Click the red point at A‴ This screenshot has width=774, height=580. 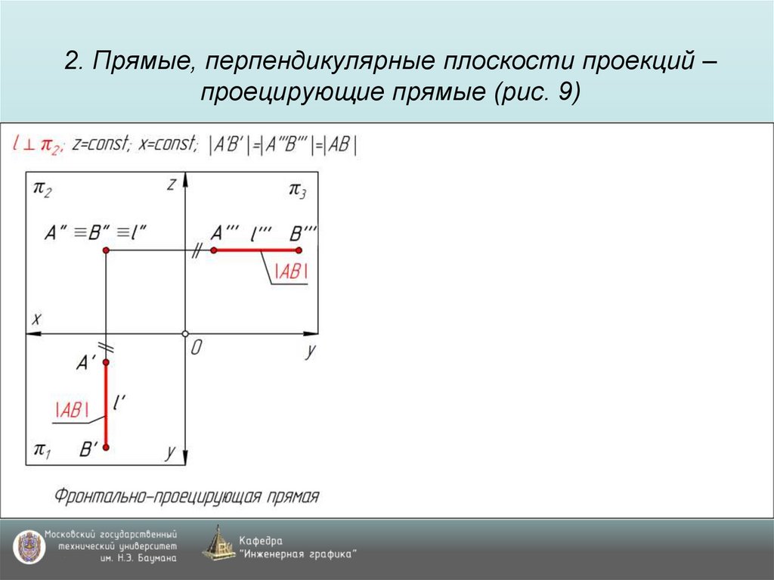pyautogui.click(x=214, y=250)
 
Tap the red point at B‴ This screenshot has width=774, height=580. pyautogui.click(x=299, y=250)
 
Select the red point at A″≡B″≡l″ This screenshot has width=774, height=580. pyautogui.click(x=106, y=250)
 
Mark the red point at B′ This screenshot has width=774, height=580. pyautogui.click(x=106, y=448)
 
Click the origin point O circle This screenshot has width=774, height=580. pyautogui.click(x=185, y=333)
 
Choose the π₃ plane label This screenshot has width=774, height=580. pyautogui.click(x=297, y=189)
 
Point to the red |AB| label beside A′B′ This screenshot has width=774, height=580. pyautogui.click(x=72, y=409)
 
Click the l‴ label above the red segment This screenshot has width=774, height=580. pyautogui.click(x=261, y=232)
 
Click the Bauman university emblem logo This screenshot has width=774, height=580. pyautogui.click(x=28, y=547)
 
